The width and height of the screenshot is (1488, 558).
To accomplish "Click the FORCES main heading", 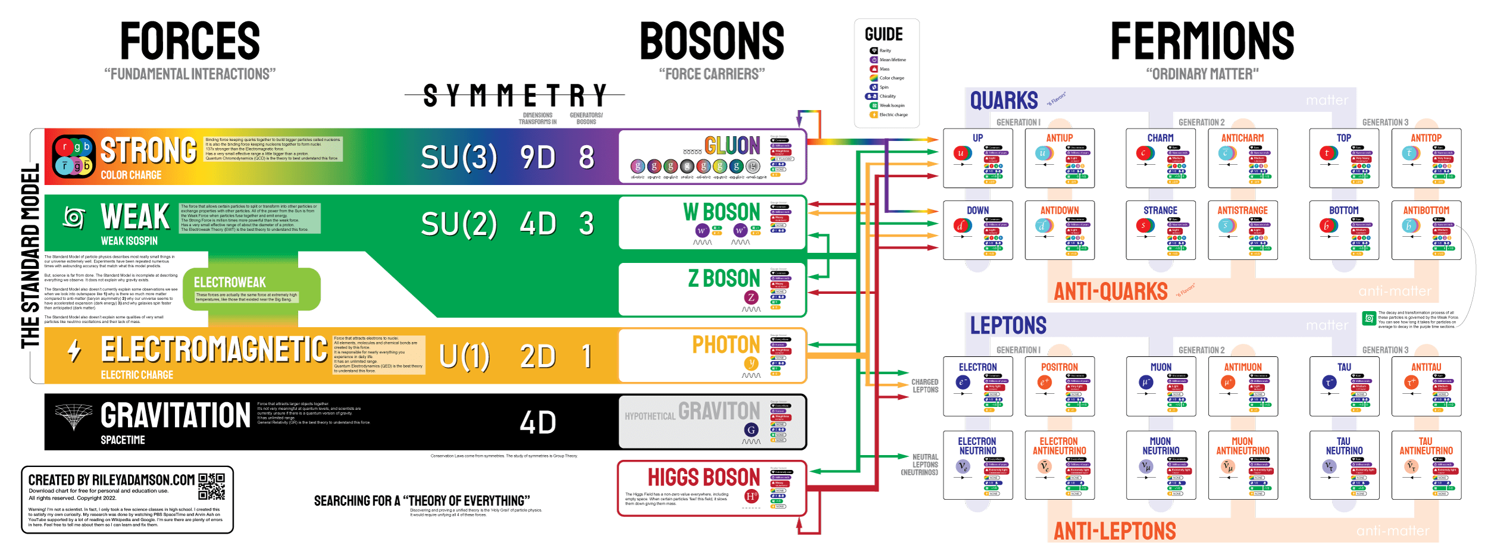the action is [190, 41].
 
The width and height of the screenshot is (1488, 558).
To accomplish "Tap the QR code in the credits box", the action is [211, 487].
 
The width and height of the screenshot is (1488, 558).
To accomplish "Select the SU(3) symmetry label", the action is [458, 158].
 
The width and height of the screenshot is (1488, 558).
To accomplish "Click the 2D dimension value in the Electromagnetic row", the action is [537, 357].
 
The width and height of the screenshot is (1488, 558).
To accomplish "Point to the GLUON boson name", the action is [732, 146].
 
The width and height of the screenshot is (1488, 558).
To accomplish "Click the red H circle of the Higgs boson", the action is [752, 496].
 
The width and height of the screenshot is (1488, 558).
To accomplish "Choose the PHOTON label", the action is [726, 345].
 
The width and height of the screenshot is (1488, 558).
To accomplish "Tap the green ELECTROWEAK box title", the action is [230, 283].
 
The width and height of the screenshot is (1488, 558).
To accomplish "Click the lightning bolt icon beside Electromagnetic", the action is [74, 351].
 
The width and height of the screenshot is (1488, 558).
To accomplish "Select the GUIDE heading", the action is [883, 35].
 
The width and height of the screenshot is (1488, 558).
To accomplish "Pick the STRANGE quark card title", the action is [1160, 211].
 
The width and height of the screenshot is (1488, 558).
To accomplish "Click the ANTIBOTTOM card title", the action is [1426, 211].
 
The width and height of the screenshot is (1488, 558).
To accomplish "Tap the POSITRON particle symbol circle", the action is [1045, 383].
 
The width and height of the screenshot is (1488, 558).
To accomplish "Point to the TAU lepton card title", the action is [1344, 368].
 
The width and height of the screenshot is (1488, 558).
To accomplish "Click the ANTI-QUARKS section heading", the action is [1111, 291].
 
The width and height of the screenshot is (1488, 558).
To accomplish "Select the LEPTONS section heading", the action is [1008, 326].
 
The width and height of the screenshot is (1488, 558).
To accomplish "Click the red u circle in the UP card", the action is [961, 153].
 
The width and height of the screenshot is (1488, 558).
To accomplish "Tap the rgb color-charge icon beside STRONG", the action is [74, 156].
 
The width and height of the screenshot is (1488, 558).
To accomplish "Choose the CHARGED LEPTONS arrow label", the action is [925, 386].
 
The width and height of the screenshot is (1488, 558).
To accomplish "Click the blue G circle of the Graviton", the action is [751, 430].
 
